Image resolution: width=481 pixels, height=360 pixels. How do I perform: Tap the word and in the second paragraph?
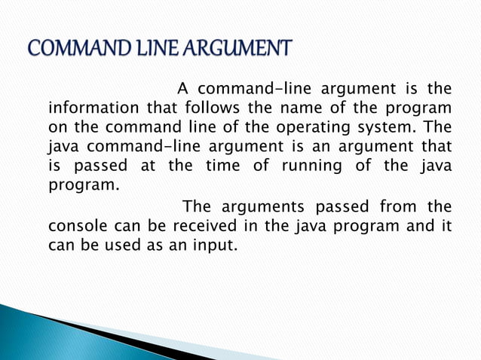[x=418, y=225]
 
